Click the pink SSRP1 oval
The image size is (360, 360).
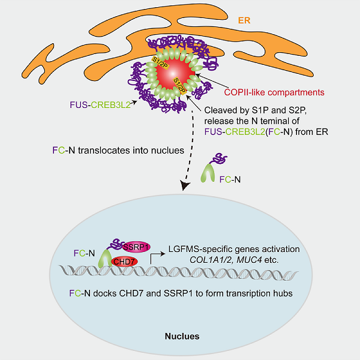click(136, 247)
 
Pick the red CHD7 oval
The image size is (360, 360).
click(125, 262)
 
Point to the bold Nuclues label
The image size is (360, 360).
click(182, 336)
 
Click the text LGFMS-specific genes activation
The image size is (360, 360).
click(226, 247)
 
